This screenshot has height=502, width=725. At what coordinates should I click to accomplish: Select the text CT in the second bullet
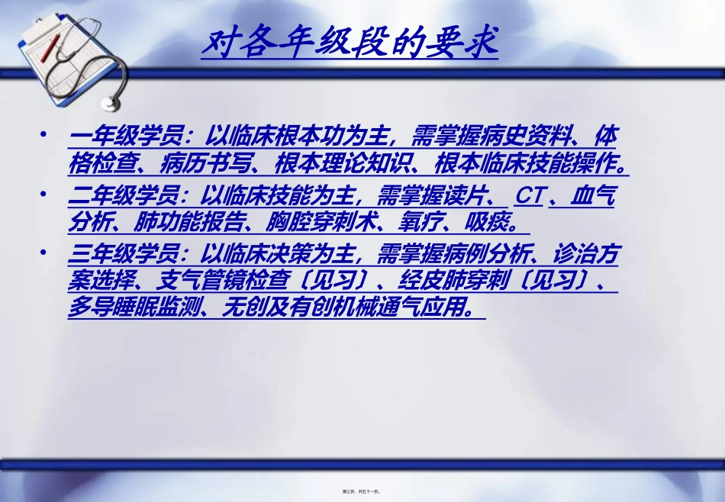528,196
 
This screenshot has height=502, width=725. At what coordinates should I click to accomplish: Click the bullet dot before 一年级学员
48,137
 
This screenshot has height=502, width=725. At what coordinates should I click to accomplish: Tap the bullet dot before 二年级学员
48,195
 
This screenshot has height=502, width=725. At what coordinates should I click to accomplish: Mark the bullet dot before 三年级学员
48,254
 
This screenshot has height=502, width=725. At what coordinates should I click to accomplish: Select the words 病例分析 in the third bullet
488,255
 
